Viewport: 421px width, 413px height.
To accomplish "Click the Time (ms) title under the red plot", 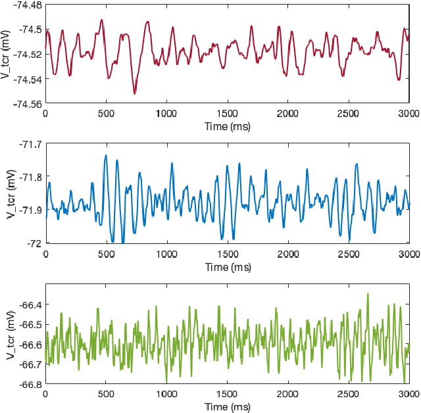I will tap(227, 125).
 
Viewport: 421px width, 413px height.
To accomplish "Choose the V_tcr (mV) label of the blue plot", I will tap(11, 194).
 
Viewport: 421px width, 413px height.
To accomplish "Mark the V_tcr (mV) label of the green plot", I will tap(11, 334).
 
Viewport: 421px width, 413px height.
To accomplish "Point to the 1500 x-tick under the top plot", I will tap(227, 113).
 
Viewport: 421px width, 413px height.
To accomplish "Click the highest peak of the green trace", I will tap(368, 293).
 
